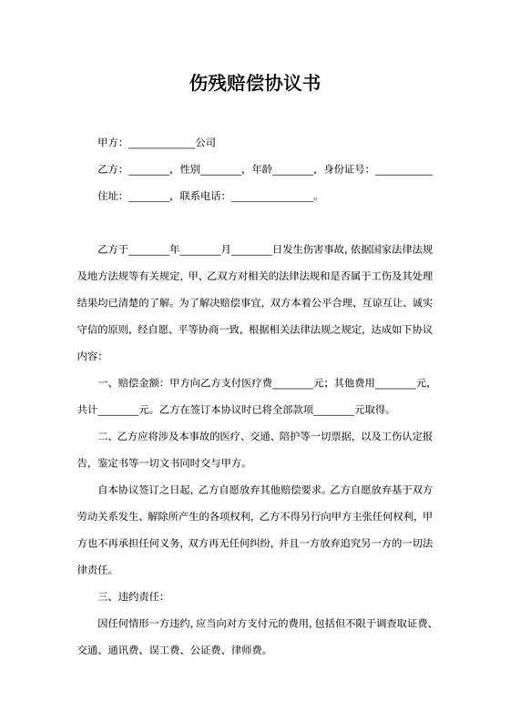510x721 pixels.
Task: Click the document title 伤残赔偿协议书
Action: pos(254,84)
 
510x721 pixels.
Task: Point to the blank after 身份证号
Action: pos(403,170)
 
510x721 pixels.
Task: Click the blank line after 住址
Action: pos(150,197)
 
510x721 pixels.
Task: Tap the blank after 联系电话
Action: pos(271,197)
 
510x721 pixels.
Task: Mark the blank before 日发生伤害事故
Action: pos(252,249)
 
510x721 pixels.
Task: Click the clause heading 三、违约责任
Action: pos(128,598)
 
